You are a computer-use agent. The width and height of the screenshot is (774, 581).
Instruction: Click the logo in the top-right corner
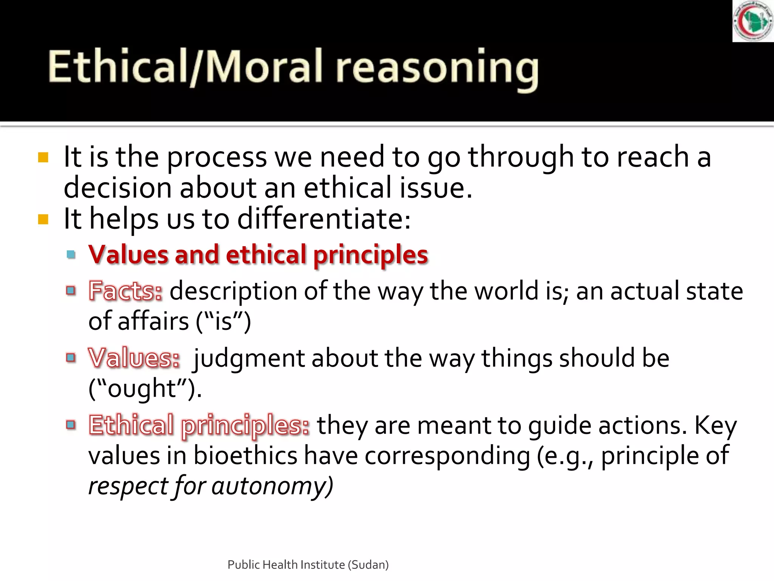[753, 21]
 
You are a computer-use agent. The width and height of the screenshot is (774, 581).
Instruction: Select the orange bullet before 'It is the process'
[43, 157]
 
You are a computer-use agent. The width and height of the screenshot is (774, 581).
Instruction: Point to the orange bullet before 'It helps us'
[43, 219]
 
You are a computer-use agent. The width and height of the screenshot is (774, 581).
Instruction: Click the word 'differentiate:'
[324, 219]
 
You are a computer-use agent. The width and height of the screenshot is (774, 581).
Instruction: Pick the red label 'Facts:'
[125, 291]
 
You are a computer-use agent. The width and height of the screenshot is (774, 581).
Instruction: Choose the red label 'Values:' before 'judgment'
[134, 358]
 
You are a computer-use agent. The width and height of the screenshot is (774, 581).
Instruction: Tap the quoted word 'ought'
[142, 389]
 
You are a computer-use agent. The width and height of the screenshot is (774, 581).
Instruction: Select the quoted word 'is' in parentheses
[223, 322]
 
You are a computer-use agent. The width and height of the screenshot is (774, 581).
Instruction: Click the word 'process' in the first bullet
[217, 157]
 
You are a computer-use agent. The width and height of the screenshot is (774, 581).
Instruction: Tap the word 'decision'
[118, 188]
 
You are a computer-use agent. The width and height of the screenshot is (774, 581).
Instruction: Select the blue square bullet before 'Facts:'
[71, 291]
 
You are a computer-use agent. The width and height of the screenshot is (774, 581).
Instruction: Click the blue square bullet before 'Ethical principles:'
[71, 425]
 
